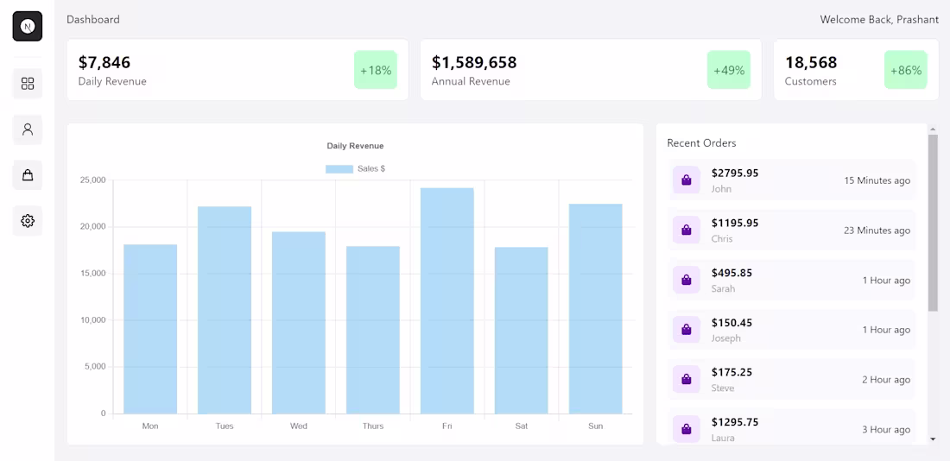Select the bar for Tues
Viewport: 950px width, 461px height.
(225, 310)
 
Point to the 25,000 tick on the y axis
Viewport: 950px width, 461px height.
(92, 180)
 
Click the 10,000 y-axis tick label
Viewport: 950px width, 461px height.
(92, 320)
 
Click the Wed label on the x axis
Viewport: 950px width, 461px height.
(299, 426)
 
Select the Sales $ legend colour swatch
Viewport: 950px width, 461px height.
(339, 169)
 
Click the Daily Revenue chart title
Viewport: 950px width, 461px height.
(355, 146)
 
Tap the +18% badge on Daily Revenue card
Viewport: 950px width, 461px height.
(376, 70)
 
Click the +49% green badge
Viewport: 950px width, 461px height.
(729, 70)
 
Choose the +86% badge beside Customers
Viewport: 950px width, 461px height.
(905, 70)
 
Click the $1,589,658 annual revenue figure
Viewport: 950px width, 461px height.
(474, 62)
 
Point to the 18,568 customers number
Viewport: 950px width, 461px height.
(811, 62)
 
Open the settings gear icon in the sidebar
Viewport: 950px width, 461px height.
(28, 221)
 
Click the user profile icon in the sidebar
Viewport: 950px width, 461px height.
(28, 129)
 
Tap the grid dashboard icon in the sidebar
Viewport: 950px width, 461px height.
(28, 84)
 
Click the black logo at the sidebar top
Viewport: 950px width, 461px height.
(28, 27)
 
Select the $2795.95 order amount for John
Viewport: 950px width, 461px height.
(735, 173)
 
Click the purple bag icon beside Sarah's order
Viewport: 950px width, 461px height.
(687, 280)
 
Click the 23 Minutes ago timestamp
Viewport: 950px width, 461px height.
(877, 230)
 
